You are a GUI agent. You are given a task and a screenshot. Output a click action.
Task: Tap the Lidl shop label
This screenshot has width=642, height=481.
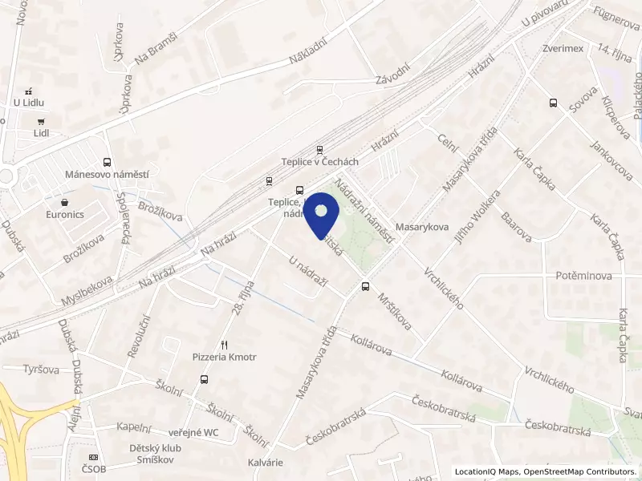click(x=42, y=134)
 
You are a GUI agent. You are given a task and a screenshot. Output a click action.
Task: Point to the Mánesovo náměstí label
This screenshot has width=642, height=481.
click(x=108, y=174)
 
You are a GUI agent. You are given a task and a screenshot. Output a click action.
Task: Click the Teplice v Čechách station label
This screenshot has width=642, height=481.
click(x=319, y=161)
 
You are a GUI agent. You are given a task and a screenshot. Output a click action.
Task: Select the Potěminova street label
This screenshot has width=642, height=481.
click(x=583, y=276)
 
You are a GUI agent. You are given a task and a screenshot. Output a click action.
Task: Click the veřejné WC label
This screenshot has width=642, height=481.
click(x=191, y=433)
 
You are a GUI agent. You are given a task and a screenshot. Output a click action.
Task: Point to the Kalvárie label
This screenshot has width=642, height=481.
click(x=266, y=463)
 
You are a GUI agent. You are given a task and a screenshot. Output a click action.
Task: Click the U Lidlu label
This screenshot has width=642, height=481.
click(x=28, y=102)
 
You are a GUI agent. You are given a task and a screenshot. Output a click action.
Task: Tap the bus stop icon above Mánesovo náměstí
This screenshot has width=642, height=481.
click(x=108, y=162)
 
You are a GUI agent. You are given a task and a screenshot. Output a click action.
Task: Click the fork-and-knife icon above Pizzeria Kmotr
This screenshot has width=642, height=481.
click(x=225, y=345)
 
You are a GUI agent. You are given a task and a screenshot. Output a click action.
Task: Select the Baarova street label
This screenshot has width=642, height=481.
click(x=516, y=228)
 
